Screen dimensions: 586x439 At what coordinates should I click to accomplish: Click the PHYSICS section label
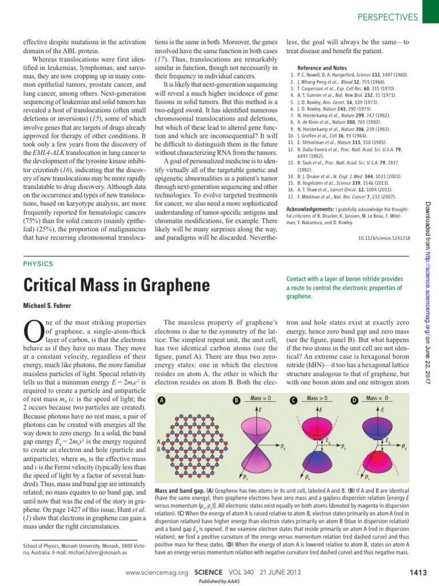[38, 264]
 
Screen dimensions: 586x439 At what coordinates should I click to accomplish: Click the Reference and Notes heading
[324, 67]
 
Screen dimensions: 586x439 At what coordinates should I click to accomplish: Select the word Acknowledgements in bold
[310, 209]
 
